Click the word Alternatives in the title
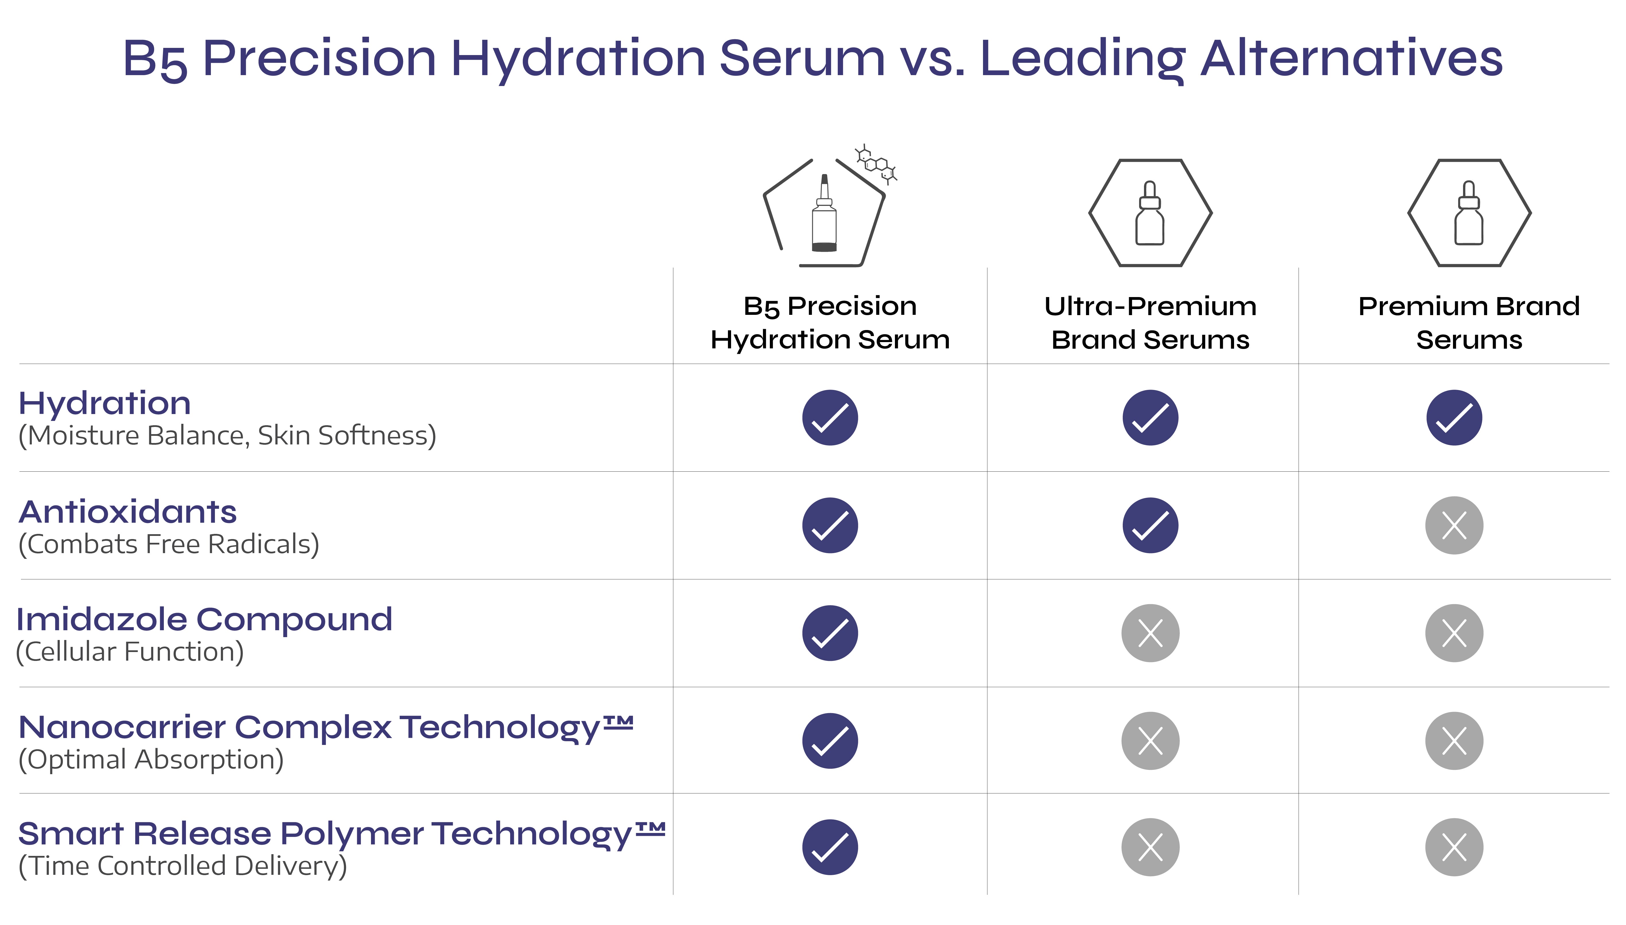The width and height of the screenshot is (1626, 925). tap(1352, 58)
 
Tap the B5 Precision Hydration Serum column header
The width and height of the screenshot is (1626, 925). tap(830, 323)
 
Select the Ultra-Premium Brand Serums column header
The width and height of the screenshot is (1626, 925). tap(1151, 323)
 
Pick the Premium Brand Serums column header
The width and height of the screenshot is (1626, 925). tap(1469, 323)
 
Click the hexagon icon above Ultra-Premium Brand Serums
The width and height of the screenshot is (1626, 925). tap(1151, 213)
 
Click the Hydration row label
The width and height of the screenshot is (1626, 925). tap(105, 403)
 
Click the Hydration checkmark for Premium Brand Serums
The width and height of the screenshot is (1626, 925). tap(1454, 417)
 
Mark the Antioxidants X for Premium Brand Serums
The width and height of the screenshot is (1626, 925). tap(1454, 525)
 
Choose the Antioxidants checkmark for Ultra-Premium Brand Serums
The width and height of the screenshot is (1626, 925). tap(1151, 525)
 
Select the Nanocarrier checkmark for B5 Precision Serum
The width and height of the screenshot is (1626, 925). tap(830, 741)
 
